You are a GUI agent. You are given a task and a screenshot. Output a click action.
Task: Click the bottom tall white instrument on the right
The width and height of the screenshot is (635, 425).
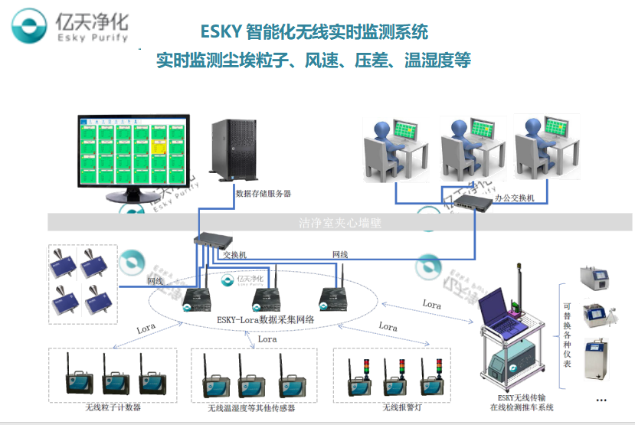(597, 361)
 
